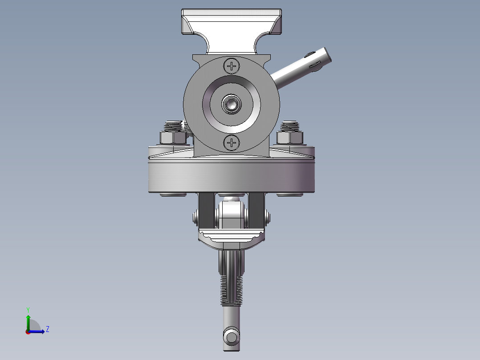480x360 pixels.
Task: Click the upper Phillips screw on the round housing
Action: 232,66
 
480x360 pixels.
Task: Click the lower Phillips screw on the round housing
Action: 232,143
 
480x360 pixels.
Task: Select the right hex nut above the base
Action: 290,137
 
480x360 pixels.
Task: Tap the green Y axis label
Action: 28,309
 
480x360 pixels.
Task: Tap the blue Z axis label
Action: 47,329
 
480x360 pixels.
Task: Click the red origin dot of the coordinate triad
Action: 28,331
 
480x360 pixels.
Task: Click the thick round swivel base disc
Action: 231,176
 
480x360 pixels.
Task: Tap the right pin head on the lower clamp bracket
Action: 268,217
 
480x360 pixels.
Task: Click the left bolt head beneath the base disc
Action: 173,194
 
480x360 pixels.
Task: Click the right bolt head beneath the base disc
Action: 290,194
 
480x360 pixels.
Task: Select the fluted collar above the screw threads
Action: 232,263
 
